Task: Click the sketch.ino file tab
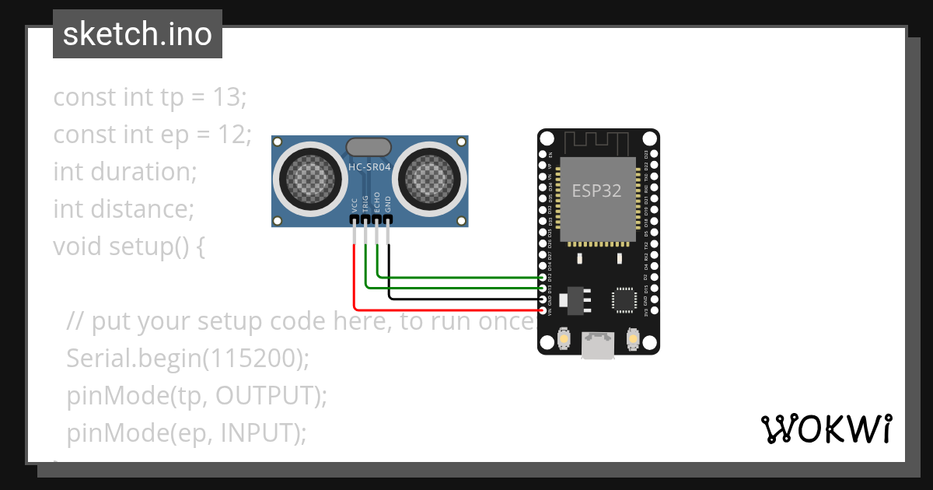(138, 34)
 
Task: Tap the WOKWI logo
(826, 429)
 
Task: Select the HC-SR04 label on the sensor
(369, 167)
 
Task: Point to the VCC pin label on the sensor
(355, 205)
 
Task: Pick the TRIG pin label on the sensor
(365, 204)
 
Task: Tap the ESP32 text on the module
(596, 191)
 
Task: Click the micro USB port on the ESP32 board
(598, 345)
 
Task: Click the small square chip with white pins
(624, 299)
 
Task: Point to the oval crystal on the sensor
(368, 146)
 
